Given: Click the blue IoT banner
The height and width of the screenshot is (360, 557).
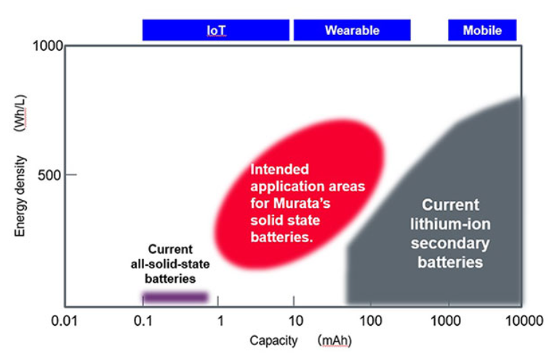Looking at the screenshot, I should [x=216, y=30].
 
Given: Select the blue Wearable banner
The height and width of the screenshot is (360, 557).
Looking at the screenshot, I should [x=351, y=30].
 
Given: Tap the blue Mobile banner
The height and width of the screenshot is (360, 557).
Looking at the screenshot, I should [x=482, y=30].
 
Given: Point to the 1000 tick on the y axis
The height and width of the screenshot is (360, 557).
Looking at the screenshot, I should [x=48, y=46].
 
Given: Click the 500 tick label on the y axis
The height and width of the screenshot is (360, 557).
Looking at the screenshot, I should [x=52, y=175].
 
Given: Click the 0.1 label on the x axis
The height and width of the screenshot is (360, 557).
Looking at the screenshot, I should [x=143, y=321].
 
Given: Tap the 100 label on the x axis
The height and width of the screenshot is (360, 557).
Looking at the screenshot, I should [x=371, y=321].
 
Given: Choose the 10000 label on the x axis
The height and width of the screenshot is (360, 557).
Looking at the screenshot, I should [x=521, y=321].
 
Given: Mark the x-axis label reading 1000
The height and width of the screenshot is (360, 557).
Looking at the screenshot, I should [x=449, y=321].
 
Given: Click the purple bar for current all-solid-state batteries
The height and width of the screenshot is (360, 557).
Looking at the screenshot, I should [x=175, y=297].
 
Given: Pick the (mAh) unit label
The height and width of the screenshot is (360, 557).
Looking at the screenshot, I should [x=334, y=340].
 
